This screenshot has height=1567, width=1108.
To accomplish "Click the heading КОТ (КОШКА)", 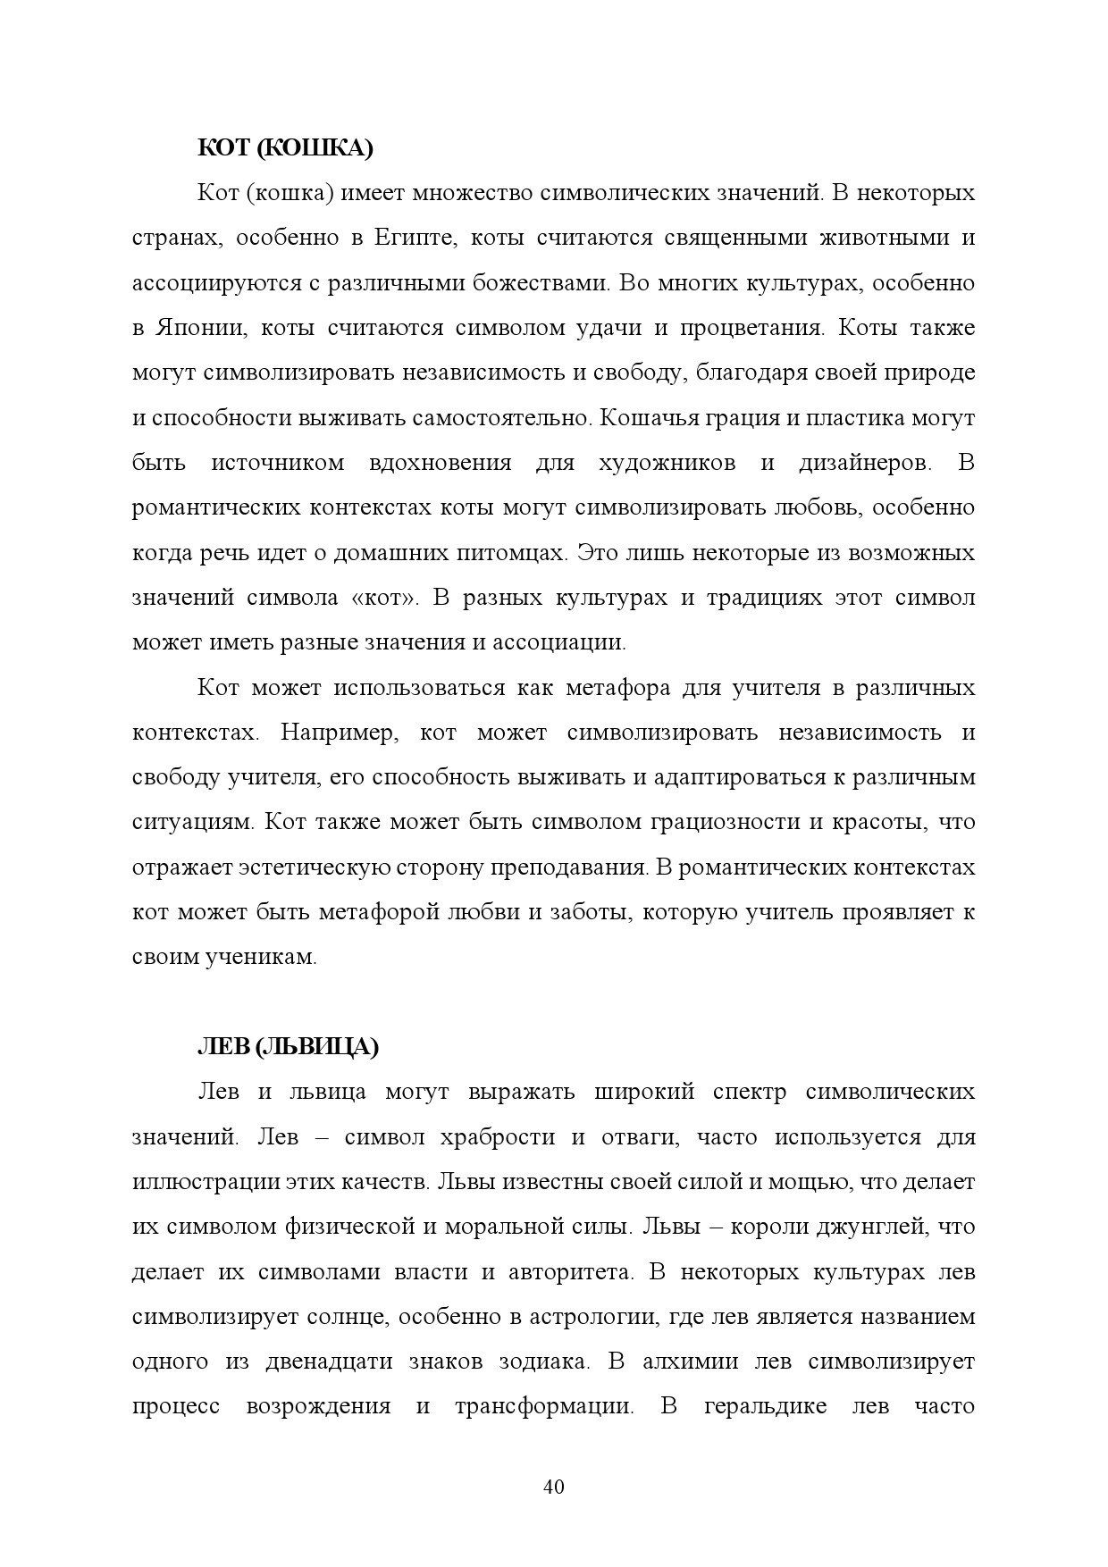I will click(x=285, y=148).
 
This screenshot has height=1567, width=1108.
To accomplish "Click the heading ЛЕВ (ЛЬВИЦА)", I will click(x=288, y=1047).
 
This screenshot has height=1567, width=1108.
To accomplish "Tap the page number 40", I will click(x=553, y=1487).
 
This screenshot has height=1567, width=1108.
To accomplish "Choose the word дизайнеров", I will click(x=864, y=463).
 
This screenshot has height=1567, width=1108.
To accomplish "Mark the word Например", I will click(x=336, y=733).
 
